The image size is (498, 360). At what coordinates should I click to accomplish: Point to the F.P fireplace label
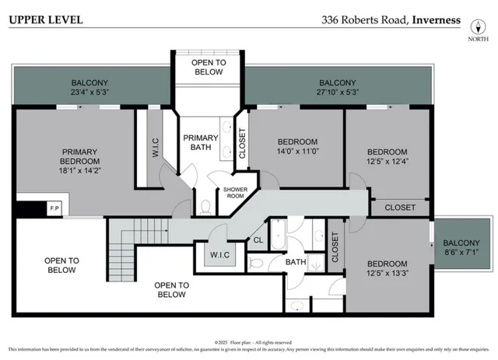pyautogui.click(x=54, y=209)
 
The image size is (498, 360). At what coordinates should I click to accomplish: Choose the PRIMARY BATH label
pyautogui.click(x=201, y=143)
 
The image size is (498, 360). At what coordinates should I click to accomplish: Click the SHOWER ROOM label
pyautogui.click(x=235, y=194)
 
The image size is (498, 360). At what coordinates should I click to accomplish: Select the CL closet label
pyautogui.click(x=258, y=241)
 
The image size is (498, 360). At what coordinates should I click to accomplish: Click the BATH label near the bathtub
pyautogui.click(x=296, y=263)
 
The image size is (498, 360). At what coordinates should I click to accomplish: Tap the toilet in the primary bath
pyautogui.click(x=206, y=207)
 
